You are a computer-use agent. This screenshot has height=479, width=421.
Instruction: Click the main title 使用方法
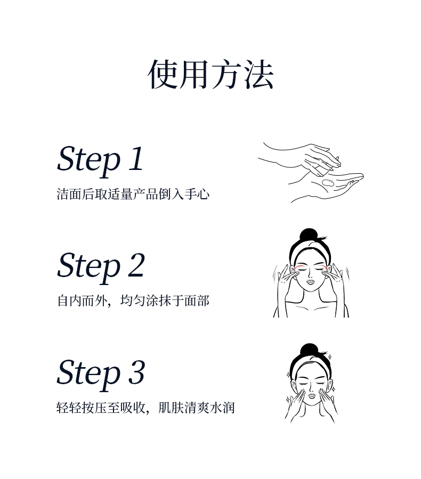pyautogui.click(x=210, y=75)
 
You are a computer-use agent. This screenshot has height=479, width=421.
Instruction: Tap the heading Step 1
pyautogui.click(x=100, y=160)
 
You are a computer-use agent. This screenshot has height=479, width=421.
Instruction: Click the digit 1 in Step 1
pyautogui.click(x=136, y=158)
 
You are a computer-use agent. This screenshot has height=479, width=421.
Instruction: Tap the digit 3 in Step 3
pyautogui.click(x=136, y=372)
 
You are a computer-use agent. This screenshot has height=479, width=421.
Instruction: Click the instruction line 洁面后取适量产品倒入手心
pyautogui.click(x=133, y=194)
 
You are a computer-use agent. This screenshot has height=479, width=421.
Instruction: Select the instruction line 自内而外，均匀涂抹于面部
pyautogui.click(x=133, y=301)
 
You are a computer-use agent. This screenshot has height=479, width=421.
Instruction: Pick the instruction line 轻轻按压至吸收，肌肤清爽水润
pyautogui.click(x=145, y=408)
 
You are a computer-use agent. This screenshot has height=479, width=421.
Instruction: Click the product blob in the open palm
pyautogui.click(x=328, y=183)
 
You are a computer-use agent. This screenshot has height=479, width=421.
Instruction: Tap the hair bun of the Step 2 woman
pyautogui.click(x=309, y=235)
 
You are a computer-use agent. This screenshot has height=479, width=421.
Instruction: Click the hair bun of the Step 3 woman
pyautogui.click(x=309, y=350)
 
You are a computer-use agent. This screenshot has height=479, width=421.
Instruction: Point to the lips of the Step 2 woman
pyautogui.click(x=310, y=282)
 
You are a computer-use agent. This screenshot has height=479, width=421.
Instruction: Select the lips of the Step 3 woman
pyautogui.click(x=312, y=396)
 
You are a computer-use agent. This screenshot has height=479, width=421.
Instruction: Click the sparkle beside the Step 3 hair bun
pyautogui.click(x=330, y=356)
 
